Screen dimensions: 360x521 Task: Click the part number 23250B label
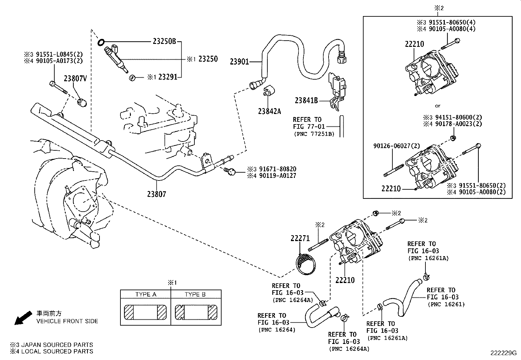coord(164,42)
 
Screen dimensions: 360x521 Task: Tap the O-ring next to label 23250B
coord(101,42)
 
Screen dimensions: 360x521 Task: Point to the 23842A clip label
coord(269,111)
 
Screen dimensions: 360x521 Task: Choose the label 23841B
coord(306,101)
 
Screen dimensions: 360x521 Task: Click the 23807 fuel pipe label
coord(156,194)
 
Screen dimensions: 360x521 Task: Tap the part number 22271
coord(300,238)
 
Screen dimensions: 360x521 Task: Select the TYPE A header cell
coord(146,294)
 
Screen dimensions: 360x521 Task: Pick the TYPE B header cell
coord(195,294)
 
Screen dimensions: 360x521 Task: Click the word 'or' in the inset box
coord(438,106)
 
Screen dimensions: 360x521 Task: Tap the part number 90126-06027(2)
coord(397,146)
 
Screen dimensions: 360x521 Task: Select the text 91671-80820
coord(278,169)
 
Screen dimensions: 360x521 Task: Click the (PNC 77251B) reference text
coord(314,134)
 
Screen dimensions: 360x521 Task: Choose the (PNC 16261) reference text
coord(446,304)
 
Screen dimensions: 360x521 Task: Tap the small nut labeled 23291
coord(133,78)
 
